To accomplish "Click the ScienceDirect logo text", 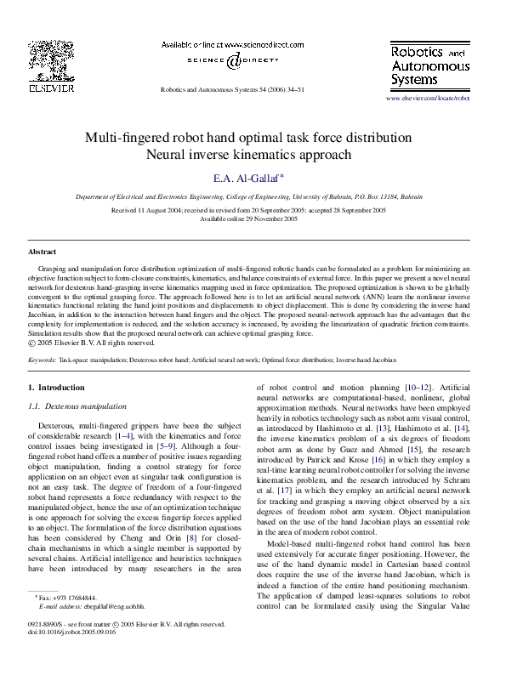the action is tap(229, 60).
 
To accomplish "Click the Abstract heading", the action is tap(42, 252).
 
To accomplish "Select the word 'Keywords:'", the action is tap(43, 361).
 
